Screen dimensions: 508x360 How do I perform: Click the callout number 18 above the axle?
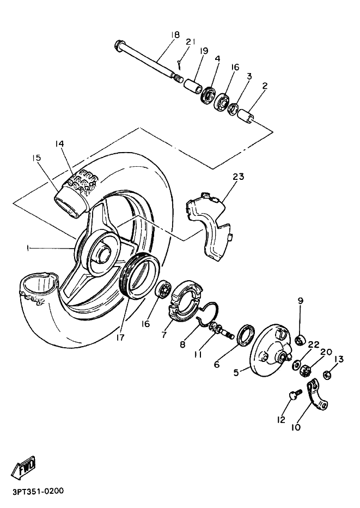click(x=174, y=35)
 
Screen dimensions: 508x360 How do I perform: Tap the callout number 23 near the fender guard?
click(x=238, y=177)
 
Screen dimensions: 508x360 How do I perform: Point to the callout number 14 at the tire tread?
click(x=60, y=144)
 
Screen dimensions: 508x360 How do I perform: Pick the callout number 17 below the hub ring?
click(x=120, y=337)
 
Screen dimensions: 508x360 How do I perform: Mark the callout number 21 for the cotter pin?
click(x=190, y=42)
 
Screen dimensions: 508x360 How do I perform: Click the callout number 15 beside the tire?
click(x=36, y=158)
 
